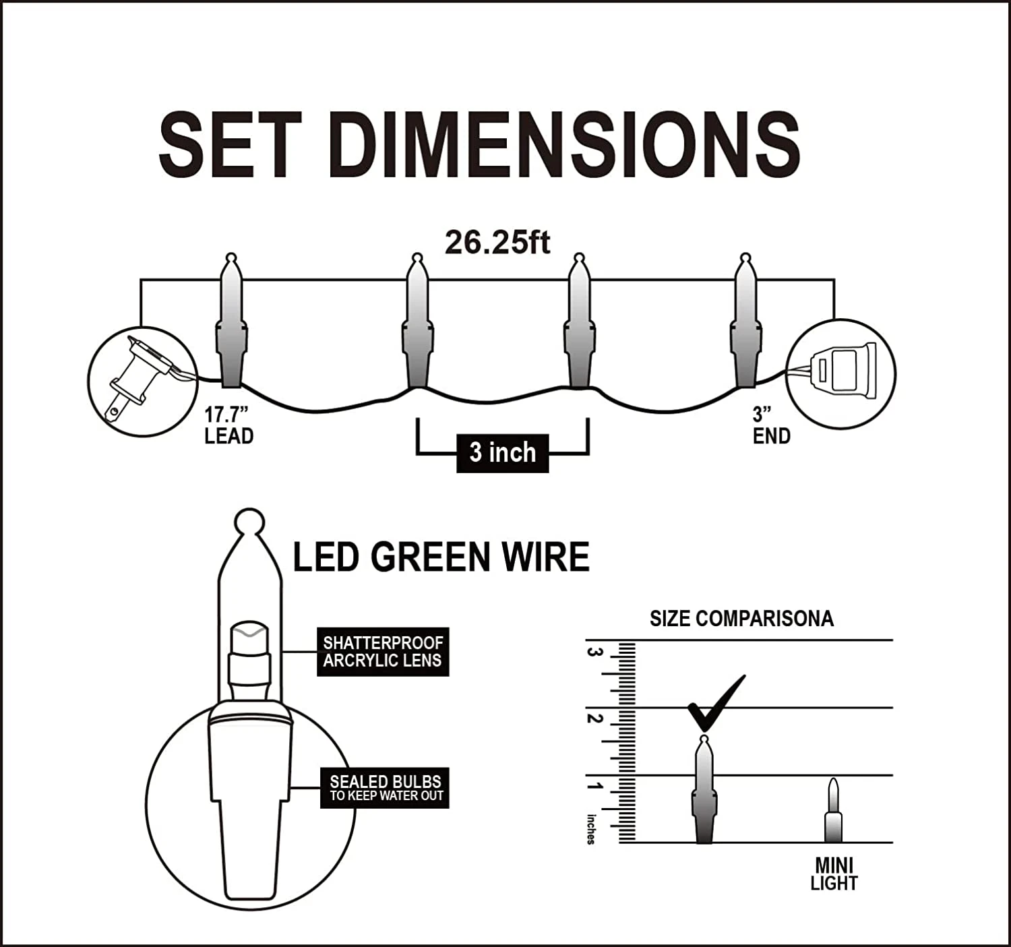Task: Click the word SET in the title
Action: [229, 145]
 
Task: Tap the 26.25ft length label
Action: [497, 242]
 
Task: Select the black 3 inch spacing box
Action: [503, 453]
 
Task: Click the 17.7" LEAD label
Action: [228, 425]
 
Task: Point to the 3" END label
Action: [771, 425]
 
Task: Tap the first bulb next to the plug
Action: [231, 324]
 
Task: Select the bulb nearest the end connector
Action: [745, 324]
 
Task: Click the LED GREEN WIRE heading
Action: [441, 557]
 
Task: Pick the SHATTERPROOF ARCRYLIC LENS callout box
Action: [382, 652]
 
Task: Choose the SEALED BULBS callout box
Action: [385, 787]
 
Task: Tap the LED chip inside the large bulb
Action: [249, 640]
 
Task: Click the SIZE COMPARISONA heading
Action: [741, 619]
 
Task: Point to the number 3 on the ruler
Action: [594, 652]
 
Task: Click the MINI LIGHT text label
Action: [834, 874]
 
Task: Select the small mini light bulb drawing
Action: [834, 810]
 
